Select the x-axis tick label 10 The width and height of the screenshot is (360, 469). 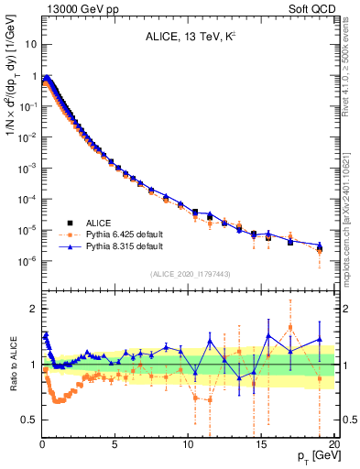188,445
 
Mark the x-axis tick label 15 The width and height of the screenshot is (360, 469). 261,445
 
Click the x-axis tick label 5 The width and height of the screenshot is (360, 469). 115,445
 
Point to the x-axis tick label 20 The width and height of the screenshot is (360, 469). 333,445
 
